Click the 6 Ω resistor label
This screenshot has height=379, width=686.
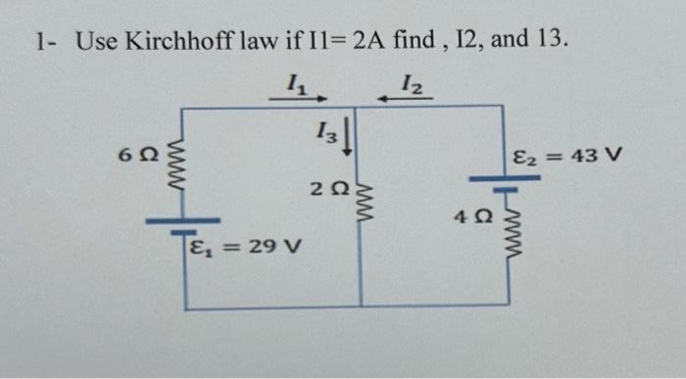[x=135, y=155]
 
